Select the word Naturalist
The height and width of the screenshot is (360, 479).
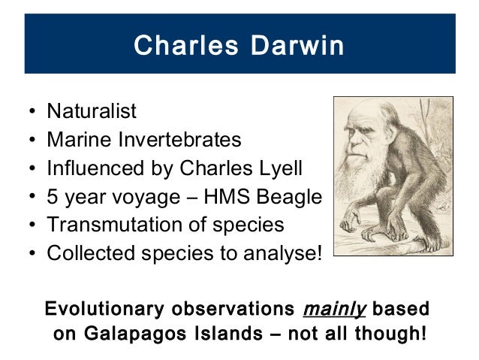(92, 112)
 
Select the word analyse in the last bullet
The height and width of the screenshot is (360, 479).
(281, 253)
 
